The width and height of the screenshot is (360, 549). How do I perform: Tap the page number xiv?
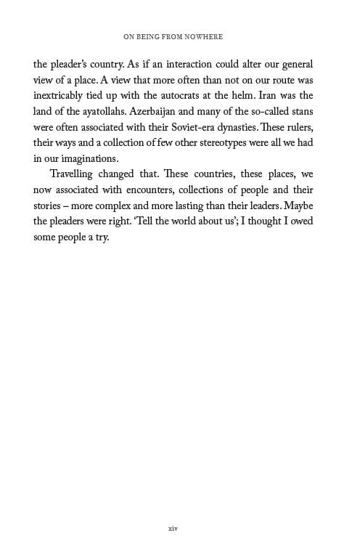[x=172, y=529]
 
